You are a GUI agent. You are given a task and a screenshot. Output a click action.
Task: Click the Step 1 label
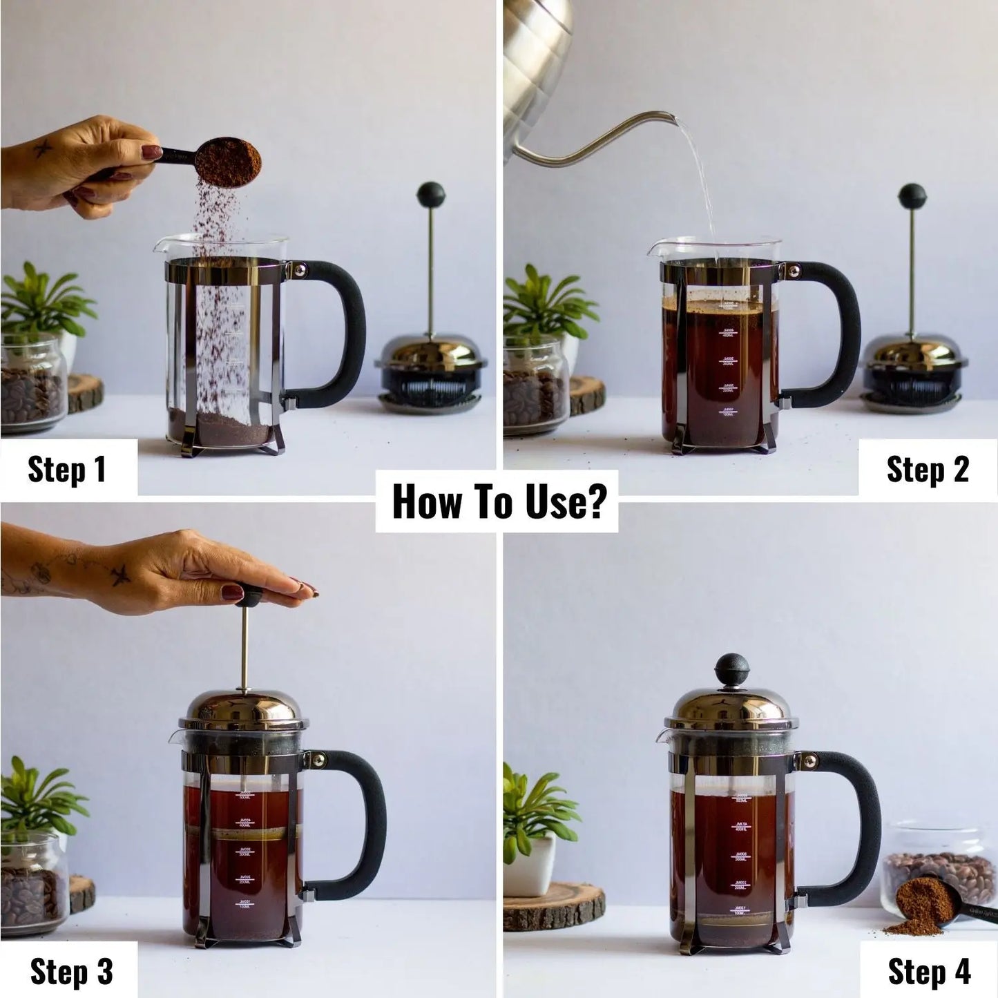click(68, 469)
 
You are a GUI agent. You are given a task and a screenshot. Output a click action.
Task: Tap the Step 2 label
click(928, 470)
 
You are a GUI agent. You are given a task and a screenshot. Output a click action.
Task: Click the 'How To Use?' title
click(498, 501)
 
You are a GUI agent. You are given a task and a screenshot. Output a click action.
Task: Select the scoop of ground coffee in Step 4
click(919, 905)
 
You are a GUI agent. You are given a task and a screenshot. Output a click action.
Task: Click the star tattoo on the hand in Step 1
click(43, 148)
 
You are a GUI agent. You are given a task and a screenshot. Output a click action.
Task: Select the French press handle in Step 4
click(857, 829)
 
